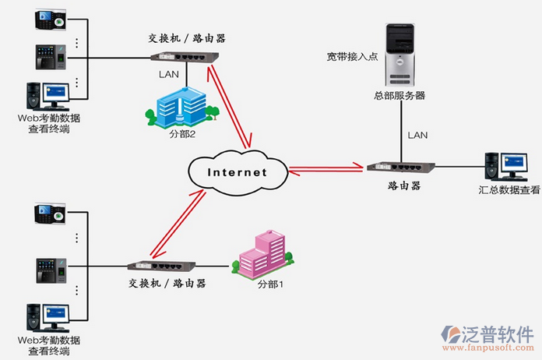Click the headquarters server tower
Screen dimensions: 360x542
click(x=399, y=55)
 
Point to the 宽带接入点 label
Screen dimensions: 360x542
click(x=354, y=56)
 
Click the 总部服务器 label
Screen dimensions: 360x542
click(x=399, y=96)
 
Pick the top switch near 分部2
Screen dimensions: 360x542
click(x=182, y=57)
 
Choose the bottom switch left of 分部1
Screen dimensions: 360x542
click(x=160, y=267)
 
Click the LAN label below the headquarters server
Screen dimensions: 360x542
click(x=417, y=135)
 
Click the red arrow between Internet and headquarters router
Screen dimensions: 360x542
click(x=327, y=166)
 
